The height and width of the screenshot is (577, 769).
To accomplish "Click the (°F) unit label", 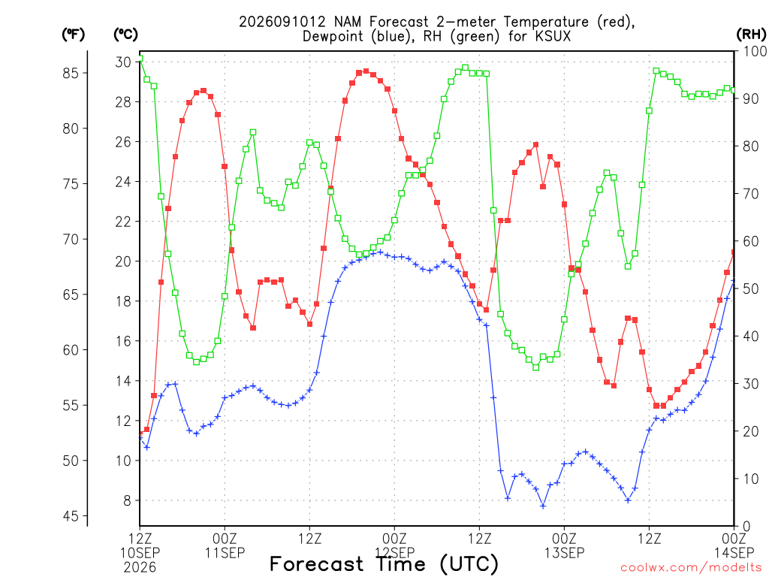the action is (73, 35).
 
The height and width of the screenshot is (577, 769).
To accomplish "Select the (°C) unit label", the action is (125, 35).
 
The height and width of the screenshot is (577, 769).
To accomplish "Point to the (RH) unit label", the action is (751, 35).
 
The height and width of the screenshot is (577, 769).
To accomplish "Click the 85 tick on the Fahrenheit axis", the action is (71, 73).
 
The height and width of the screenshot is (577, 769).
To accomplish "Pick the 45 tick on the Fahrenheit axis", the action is (71, 516).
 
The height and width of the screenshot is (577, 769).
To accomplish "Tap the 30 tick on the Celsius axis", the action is (123, 62).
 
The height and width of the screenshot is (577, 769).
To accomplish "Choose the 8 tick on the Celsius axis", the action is (128, 500).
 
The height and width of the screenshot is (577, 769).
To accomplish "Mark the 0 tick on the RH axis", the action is (747, 526).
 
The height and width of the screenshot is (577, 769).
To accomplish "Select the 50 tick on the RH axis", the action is (751, 288).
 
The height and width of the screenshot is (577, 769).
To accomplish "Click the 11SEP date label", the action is (225, 553).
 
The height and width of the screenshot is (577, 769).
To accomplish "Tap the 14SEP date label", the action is (734, 553).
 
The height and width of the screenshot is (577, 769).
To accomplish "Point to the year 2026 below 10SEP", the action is (140, 567).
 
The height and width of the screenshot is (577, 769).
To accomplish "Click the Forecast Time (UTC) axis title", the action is (384, 564).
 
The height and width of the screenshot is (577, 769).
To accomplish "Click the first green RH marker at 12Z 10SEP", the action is (140, 59).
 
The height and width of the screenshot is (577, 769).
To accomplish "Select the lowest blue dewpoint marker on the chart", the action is (543, 506).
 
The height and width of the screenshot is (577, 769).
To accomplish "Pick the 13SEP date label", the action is (564, 553).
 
